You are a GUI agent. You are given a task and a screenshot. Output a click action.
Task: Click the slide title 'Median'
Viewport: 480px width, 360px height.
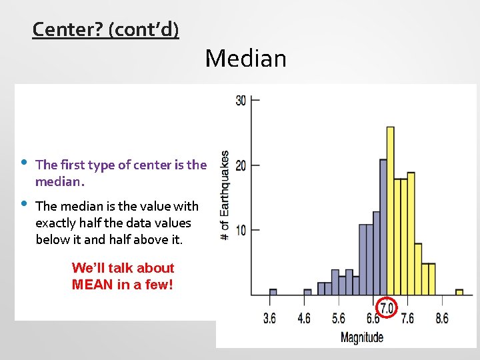245,59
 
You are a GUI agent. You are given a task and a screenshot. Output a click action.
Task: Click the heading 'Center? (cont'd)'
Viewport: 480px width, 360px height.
105,30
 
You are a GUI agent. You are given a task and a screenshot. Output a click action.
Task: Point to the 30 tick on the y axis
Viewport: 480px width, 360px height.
241,100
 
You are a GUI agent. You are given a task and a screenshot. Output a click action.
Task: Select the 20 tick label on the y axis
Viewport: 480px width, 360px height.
241,165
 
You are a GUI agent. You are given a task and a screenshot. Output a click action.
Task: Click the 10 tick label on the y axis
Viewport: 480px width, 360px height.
241,230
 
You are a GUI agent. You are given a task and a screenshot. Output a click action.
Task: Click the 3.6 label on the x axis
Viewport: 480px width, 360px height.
269,319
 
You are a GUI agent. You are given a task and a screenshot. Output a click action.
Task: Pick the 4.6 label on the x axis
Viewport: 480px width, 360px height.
304,319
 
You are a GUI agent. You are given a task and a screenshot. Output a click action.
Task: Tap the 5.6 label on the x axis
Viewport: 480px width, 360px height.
339,319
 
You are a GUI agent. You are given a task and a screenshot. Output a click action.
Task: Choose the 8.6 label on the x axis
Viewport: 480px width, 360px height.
441,319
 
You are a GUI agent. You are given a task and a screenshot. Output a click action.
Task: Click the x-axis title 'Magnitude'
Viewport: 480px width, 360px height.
362,337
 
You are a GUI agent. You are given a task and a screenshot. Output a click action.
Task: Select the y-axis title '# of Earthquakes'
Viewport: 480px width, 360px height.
225,195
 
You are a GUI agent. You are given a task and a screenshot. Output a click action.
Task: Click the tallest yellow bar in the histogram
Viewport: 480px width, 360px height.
390,210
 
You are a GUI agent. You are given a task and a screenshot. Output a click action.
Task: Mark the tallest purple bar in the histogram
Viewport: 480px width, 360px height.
383,227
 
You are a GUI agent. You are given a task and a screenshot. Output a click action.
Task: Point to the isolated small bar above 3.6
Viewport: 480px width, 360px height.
273,292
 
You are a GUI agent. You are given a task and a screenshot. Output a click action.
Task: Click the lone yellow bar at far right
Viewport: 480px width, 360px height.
459,292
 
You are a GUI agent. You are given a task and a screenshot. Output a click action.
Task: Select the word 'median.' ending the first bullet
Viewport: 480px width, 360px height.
60,182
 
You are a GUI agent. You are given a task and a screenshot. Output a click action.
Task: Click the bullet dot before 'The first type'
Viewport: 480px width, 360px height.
23,163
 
